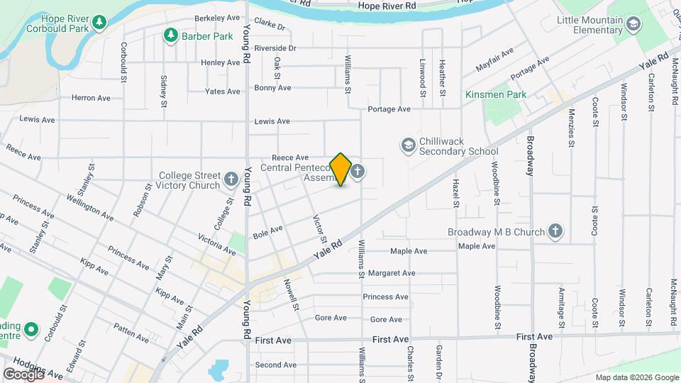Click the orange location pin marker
point(340,170)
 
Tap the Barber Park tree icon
point(170,35)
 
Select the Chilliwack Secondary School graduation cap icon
point(408,145)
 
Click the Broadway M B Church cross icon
point(555,231)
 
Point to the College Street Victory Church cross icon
point(231,179)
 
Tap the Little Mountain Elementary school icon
point(633,26)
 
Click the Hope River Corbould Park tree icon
point(99,23)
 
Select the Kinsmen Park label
point(495,94)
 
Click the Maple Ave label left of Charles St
point(409,251)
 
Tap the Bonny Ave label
point(273,89)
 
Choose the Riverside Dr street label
point(275,48)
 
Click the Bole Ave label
point(267,231)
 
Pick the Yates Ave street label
point(223,91)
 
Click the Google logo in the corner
point(23,374)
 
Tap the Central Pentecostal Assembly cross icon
point(358,171)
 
